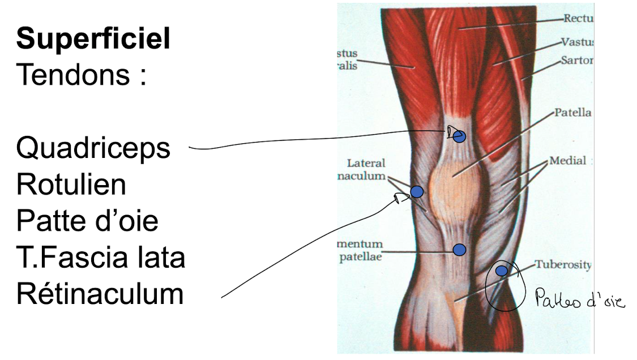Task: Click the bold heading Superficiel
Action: [x=93, y=40]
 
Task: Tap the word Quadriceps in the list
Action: [x=93, y=148]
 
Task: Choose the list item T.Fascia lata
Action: [x=101, y=257]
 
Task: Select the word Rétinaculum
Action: [x=100, y=294]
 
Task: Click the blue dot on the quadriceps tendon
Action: [x=459, y=136]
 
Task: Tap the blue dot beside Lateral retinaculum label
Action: [x=417, y=192]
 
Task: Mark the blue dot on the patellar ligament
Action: [x=459, y=249]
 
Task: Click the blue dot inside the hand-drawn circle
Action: [x=501, y=271]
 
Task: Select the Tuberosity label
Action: [x=563, y=264]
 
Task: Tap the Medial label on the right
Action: [x=567, y=161]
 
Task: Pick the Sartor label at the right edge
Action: [x=576, y=60]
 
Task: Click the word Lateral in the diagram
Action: [x=365, y=163]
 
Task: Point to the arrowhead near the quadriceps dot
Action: [x=450, y=132]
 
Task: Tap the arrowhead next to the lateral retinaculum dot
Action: [x=401, y=198]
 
